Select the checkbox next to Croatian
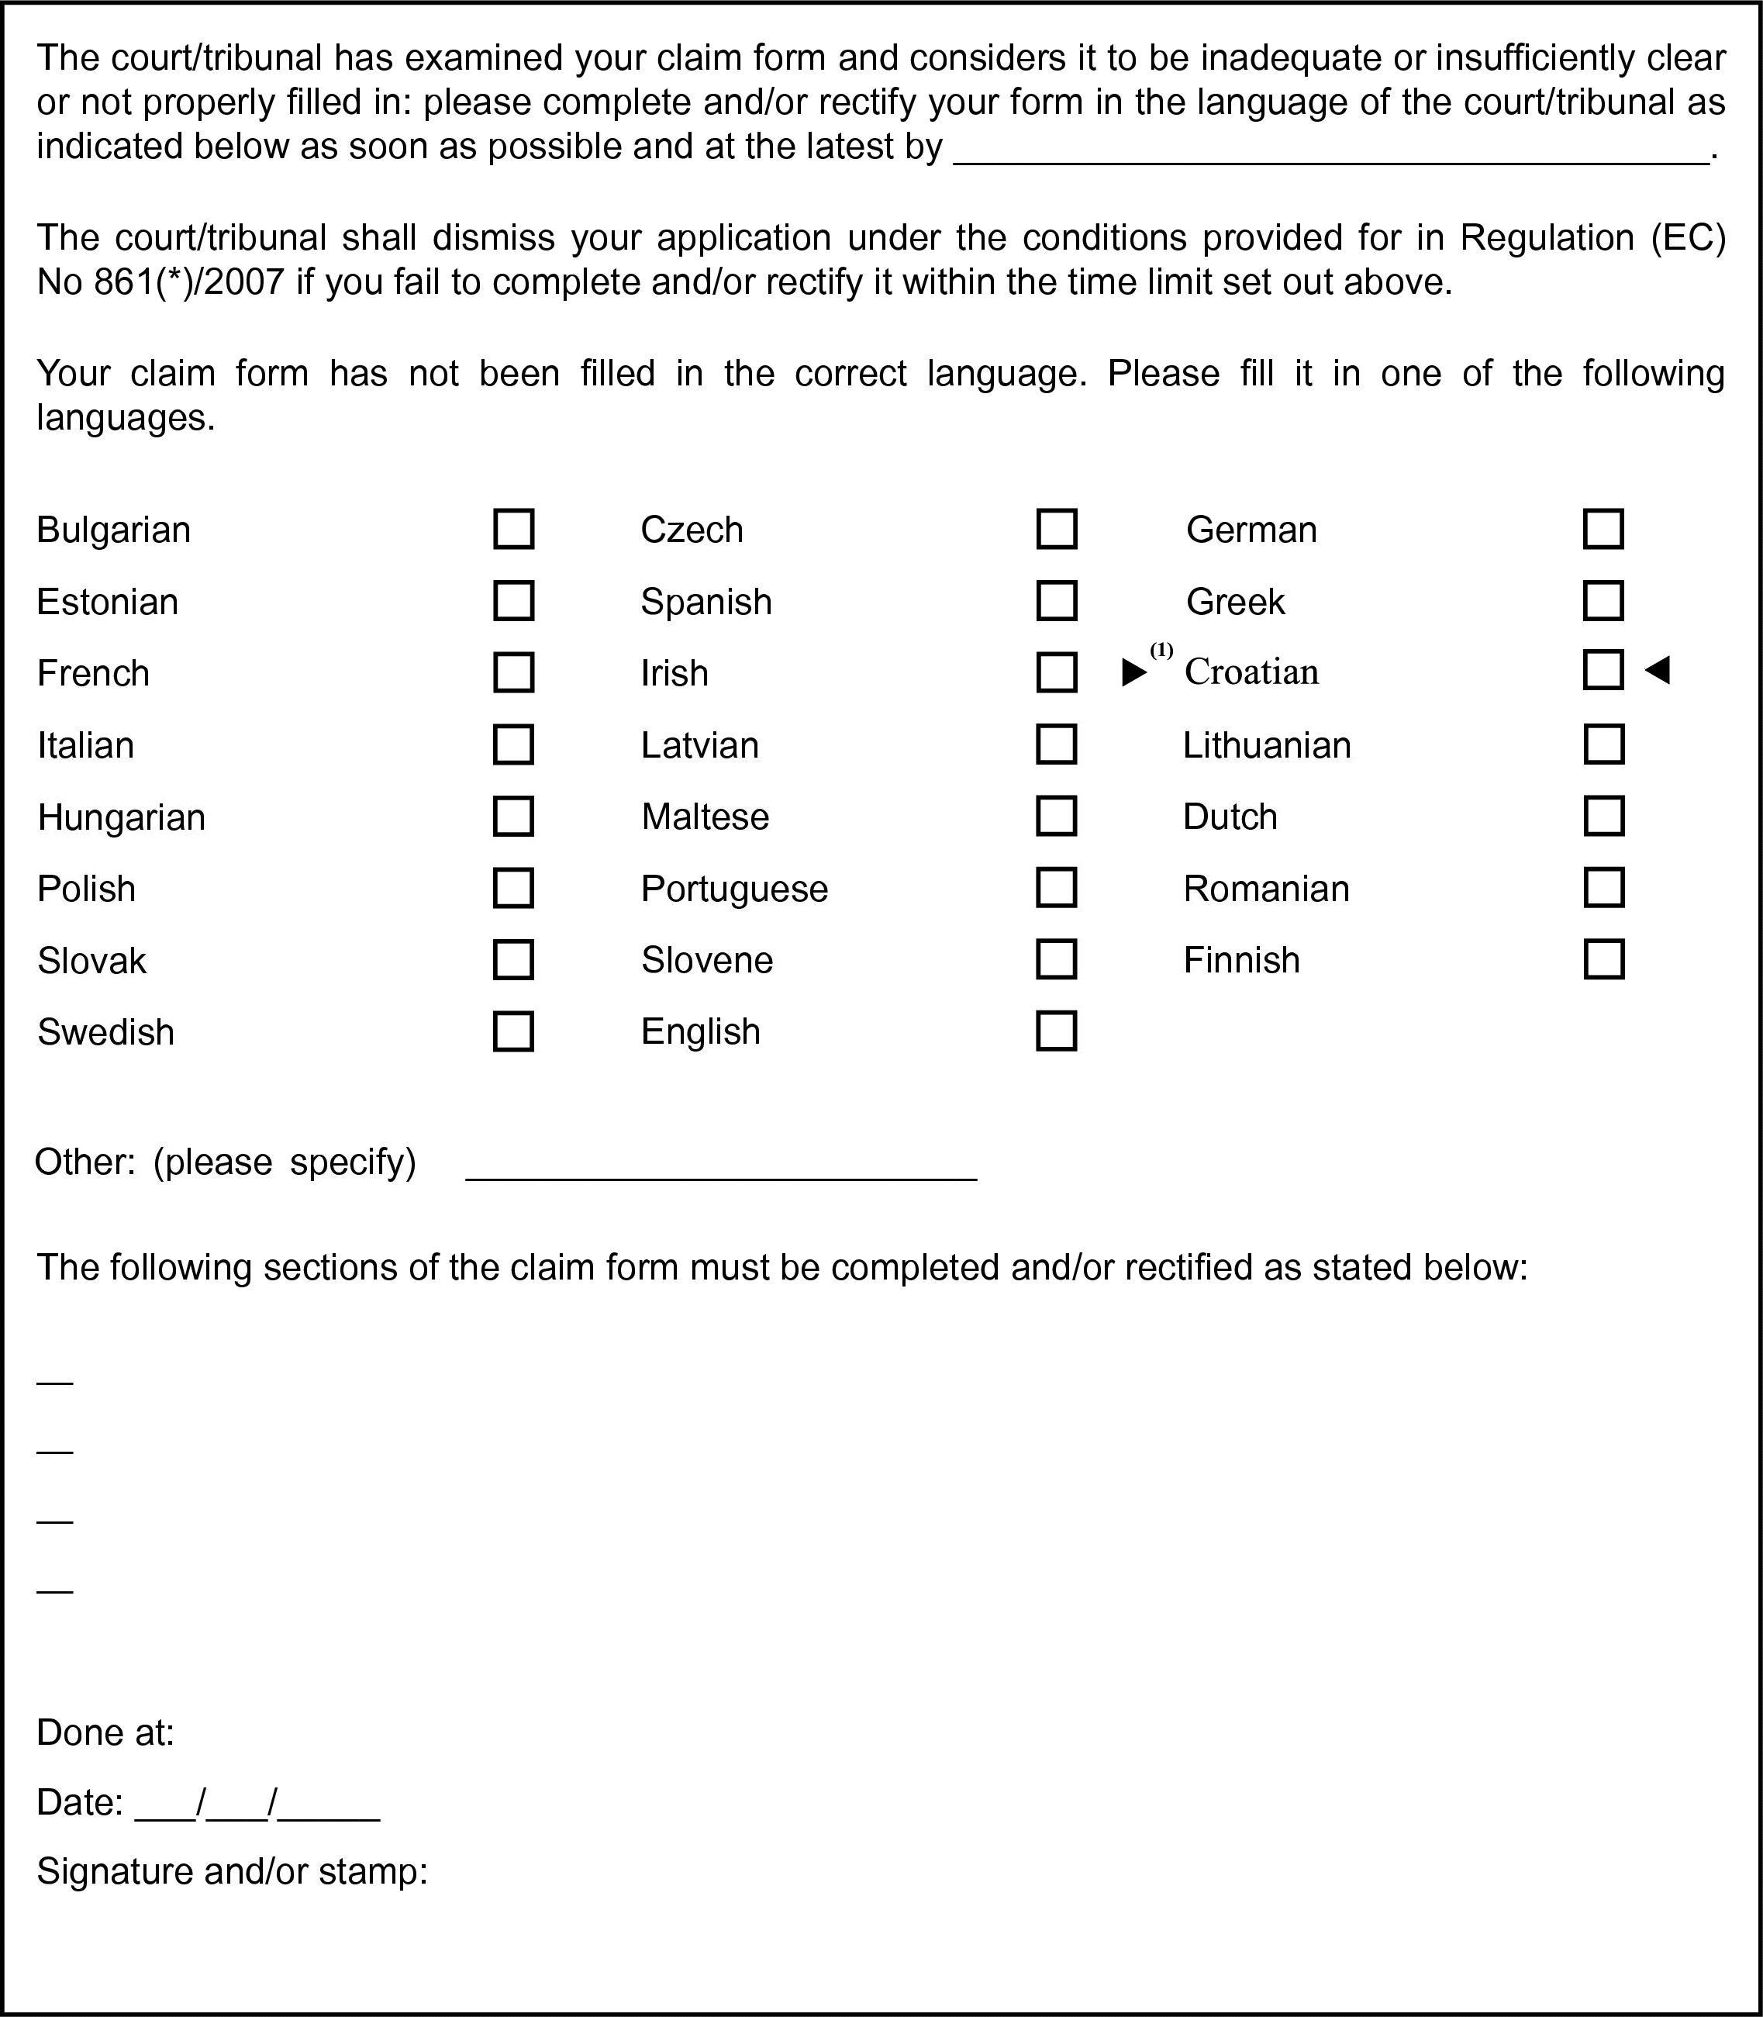(1603, 670)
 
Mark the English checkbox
(1057, 1031)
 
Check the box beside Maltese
(1057, 816)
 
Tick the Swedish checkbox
(512, 1031)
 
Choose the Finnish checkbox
(1603, 959)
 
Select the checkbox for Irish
(1057, 673)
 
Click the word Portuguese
(734, 889)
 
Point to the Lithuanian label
(1266, 744)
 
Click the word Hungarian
(121, 817)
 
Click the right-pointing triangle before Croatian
(1134, 673)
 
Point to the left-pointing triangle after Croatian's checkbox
(1658, 671)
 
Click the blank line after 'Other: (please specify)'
(720, 1171)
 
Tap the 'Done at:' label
(105, 1732)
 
